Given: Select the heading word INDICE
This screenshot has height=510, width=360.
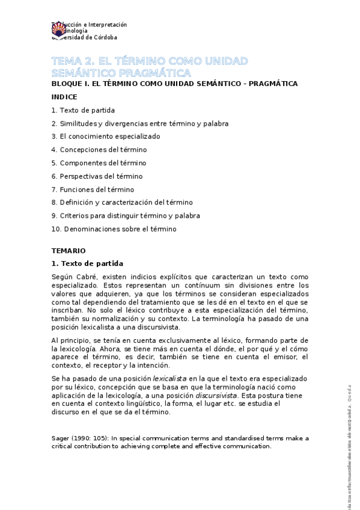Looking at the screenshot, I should point(64,97).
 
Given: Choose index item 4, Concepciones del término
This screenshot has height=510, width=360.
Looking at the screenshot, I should point(99,150).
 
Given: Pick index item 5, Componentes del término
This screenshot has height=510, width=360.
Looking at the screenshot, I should point(99,163).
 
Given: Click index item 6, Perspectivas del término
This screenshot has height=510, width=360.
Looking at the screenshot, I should point(97,176).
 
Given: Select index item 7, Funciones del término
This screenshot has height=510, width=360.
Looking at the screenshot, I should point(93,189).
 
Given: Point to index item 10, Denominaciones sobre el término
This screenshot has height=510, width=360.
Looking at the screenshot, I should point(114,229).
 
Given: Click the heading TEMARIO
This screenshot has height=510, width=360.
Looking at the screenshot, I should point(69,250).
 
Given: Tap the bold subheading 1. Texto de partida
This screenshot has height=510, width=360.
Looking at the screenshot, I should point(87,263).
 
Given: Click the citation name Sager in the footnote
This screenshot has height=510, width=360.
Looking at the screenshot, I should point(61,438).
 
